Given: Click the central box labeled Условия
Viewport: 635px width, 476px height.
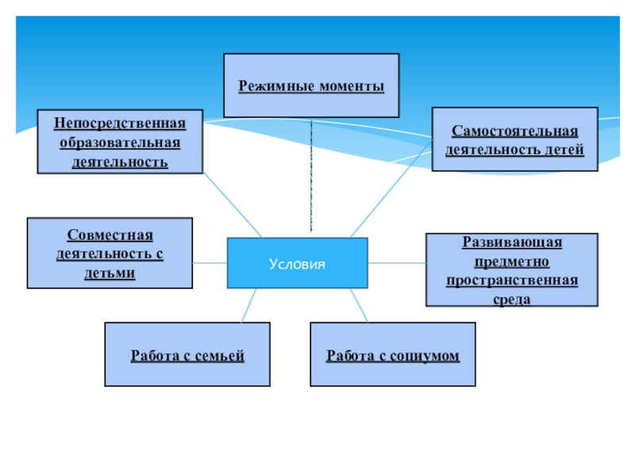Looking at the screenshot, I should pyautogui.click(x=298, y=263).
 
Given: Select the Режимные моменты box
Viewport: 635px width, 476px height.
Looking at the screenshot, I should pyautogui.click(x=311, y=86).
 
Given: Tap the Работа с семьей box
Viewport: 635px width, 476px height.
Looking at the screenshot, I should pyautogui.click(x=187, y=355).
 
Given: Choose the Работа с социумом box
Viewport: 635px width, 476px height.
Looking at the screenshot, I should pyautogui.click(x=393, y=355).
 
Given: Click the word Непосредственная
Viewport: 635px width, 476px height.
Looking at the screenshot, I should pyautogui.click(x=120, y=123).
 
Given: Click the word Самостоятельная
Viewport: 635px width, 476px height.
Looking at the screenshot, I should pyautogui.click(x=515, y=130).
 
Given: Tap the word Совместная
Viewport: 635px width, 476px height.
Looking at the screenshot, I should pyautogui.click(x=110, y=235).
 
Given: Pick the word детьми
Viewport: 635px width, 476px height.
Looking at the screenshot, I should pyautogui.click(x=110, y=273).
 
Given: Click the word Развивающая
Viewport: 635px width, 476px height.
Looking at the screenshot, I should pyautogui.click(x=512, y=242).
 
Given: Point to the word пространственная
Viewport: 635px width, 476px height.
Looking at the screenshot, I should pyautogui.click(x=512, y=280).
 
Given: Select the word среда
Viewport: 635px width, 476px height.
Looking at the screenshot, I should pyautogui.click(x=512, y=299).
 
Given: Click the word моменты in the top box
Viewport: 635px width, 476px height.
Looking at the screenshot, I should pyautogui.click(x=352, y=86).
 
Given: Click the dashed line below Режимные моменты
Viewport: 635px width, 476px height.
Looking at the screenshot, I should pyautogui.click(x=311, y=175).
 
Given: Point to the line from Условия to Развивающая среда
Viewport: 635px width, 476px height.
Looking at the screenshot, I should pyautogui.click(x=397, y=263).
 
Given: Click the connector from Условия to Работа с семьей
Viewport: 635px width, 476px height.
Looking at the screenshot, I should pyautogui.click(x=248, y=305).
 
